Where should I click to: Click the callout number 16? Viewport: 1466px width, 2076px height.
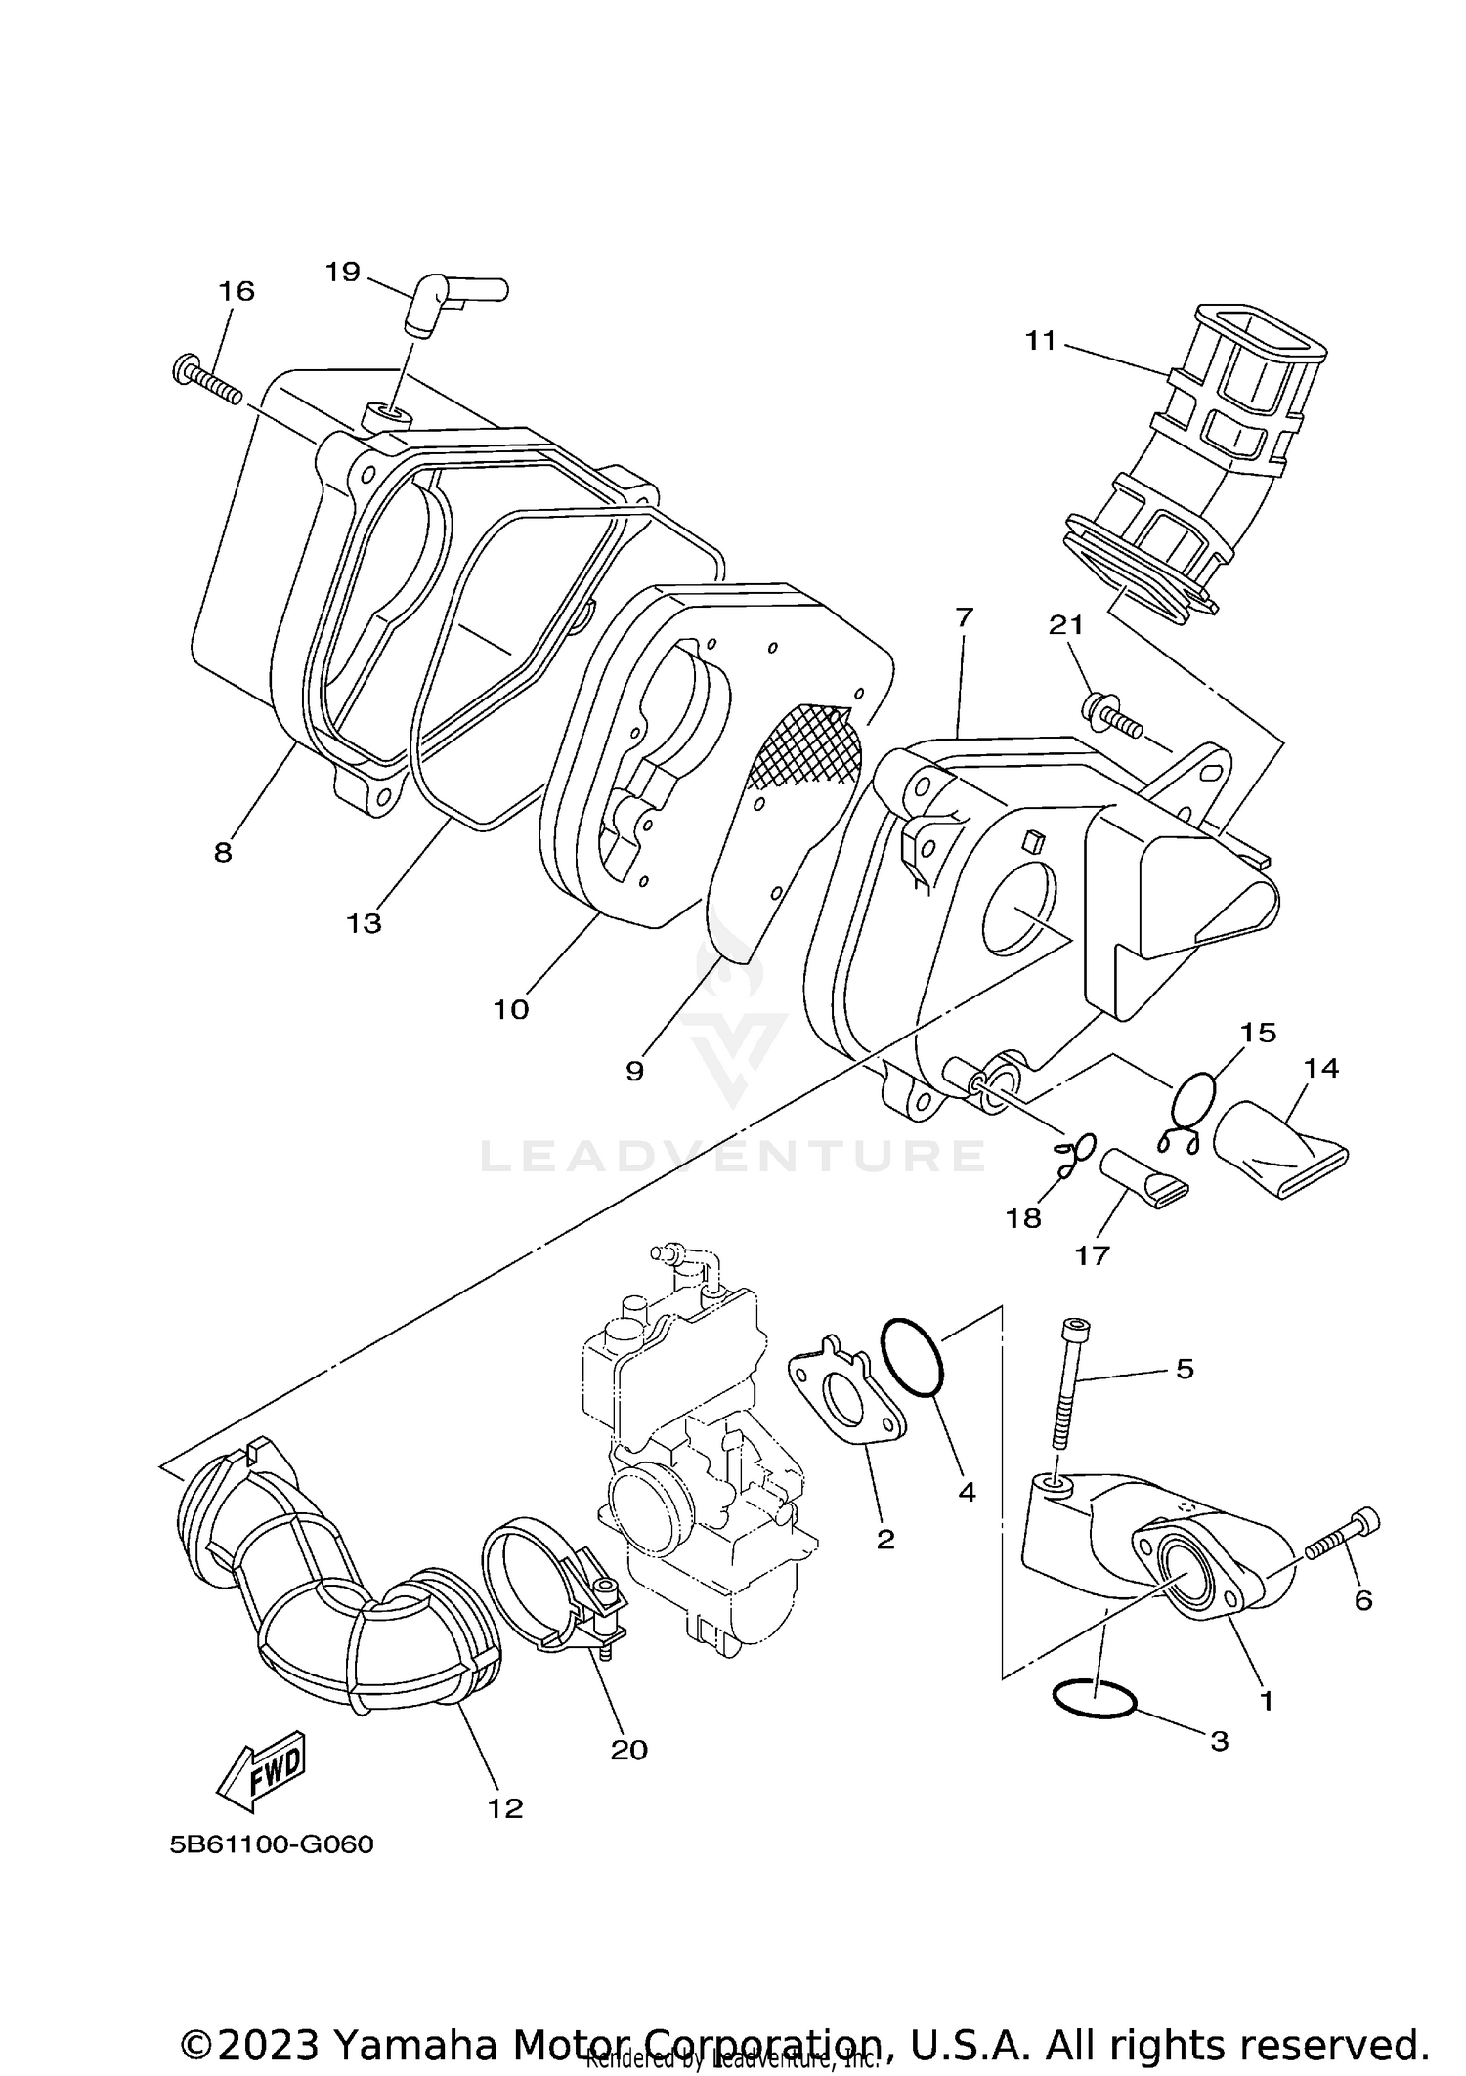point(236,291)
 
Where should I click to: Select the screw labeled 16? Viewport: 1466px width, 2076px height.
point(208,382)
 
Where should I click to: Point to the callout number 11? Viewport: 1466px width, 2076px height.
point(1041,341)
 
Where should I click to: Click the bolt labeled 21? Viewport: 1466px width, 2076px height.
point(1111,715)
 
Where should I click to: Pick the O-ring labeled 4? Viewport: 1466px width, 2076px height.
point(913,1358)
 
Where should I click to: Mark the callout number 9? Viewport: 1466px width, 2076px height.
point(634,1071)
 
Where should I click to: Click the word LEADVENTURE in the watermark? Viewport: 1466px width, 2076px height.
point(732,1156)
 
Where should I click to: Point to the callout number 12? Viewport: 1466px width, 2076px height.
point(505,1808)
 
